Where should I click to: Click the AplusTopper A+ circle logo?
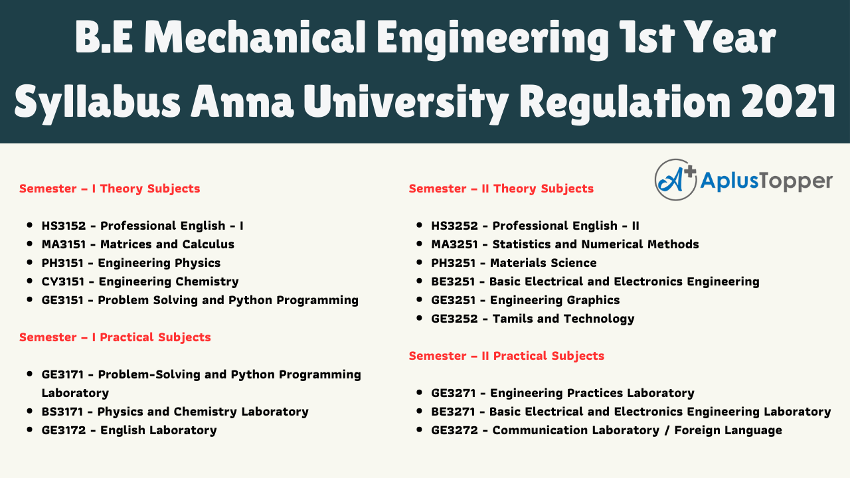pyautogui.click(x=675, y=180)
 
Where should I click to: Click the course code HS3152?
pyautogui.click(x=64, y=226)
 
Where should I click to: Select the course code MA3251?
pyautogui.click(x=454, y=244)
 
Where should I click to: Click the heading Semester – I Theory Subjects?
pyautogui.click(x=110, y=189)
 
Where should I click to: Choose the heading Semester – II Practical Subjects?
pyautogui.click(x=506, y=356)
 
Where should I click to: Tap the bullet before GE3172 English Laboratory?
pyautogui.click(x=30, y=430)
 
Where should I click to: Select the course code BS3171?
pyautogui.click(x=62, y=412)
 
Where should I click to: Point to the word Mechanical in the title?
pyautogui.click(x=255, y=37)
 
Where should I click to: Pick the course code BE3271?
pyautogui.click(x=453, y=412)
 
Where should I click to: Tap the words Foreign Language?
pyautogui.click(x=728, y=431)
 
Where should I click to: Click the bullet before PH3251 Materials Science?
pyautogui.click(x=419, y=262)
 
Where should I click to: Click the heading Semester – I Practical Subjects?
pyautogui.click(x=115, y=337)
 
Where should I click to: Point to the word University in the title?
pyautogui.click(x=406, y=102)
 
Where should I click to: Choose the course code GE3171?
pyautogui.click(x=62, y=374)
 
